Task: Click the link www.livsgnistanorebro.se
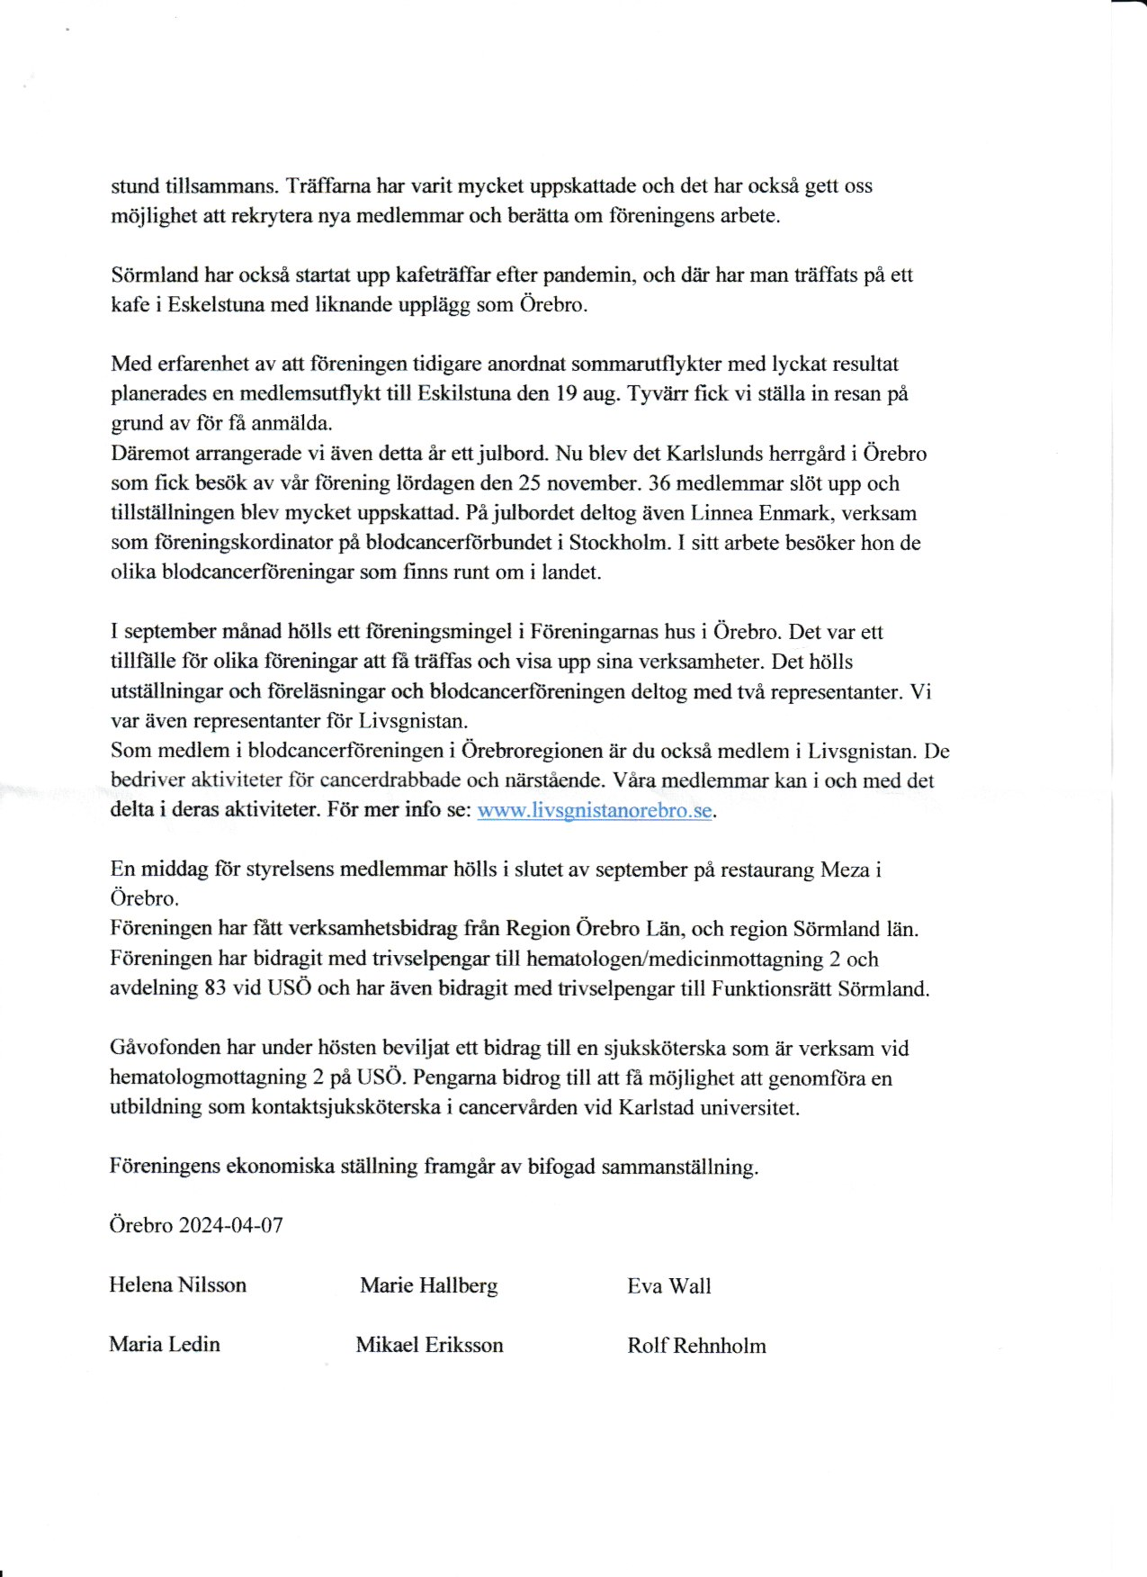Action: point(595,809)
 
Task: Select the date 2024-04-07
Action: point(231,1225)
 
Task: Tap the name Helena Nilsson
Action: point(177,1284)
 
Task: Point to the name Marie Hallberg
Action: point(428,1285)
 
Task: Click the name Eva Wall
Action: point(668,1286)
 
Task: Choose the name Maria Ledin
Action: point(165,1344)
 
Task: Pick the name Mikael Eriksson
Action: point(429,1345)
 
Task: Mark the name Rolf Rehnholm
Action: point(696,1346)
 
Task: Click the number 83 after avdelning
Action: point(215,987)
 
